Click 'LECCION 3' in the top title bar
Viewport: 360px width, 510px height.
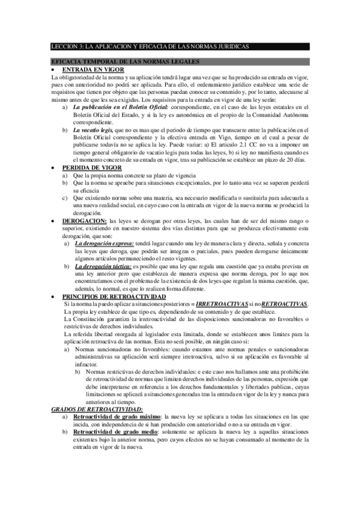pyautogui.click(x=68, y=46)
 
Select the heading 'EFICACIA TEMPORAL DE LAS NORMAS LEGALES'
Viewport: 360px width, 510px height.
pyautogui.click(x=126, y=61)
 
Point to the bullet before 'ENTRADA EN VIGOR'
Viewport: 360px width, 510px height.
pyautogui.click(x=55, y=70)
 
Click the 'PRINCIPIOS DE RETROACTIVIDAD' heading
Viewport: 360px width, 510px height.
pyautogui.click(x=114, y=298)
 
